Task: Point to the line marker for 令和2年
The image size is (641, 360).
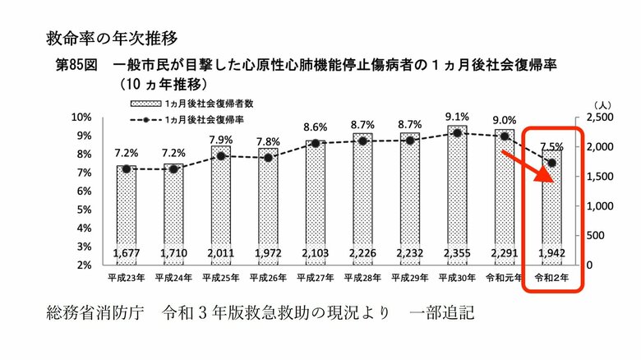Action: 551,163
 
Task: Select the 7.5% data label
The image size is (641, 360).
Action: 551,147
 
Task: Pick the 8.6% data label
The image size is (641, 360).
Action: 315,127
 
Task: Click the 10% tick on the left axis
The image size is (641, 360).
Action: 82,117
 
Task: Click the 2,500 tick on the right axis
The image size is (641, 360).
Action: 603,118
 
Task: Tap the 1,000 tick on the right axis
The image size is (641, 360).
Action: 603,206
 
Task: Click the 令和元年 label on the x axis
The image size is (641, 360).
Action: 503,278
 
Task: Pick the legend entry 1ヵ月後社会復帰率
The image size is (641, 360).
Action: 192,120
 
